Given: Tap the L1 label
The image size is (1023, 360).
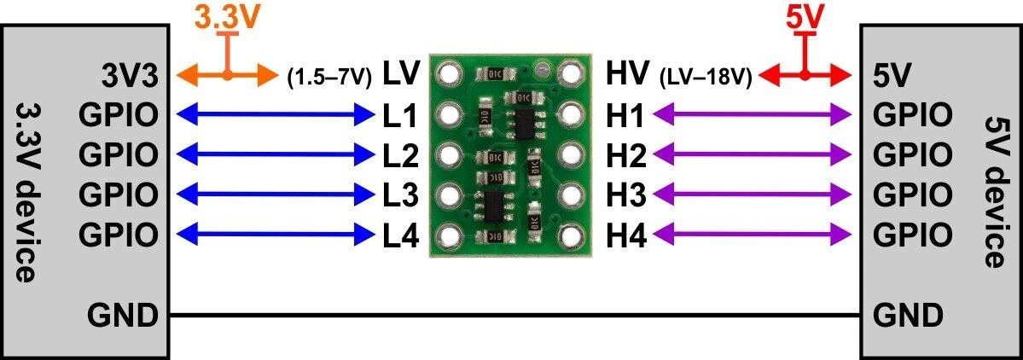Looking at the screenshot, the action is coord(400,115).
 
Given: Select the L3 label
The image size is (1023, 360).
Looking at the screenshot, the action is coord(400,195).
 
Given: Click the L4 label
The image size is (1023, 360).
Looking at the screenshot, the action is coord(400,234).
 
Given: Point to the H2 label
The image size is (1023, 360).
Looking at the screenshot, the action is coord(626,155).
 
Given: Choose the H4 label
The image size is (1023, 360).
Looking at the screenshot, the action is coord(626,234).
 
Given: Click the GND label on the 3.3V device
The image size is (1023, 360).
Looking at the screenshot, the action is coord(123,316).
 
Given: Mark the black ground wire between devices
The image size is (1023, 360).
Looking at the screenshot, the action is coord(515,316).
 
